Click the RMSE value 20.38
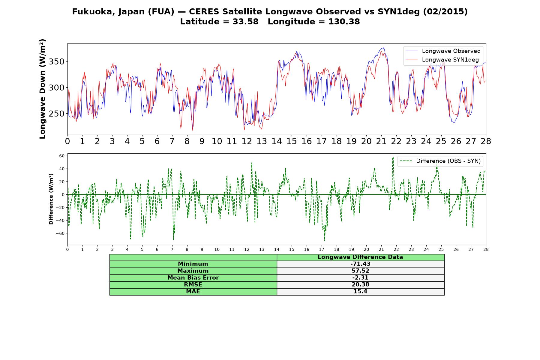[360, 285]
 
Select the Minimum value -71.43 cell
[360, 264]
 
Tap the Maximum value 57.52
[360, 271]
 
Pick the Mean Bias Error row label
[193, 278]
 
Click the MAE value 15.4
[360, 292]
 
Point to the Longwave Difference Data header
[360, 257]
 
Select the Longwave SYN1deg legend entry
[442, 60]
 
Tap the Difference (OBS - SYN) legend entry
[440, 161]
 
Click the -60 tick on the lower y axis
[61, 233]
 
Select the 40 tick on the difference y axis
[62, 169]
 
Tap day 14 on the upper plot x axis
[277, 141]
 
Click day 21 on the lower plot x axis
[381, 249]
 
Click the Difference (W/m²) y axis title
[51, 199]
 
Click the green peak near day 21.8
[393, 157]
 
